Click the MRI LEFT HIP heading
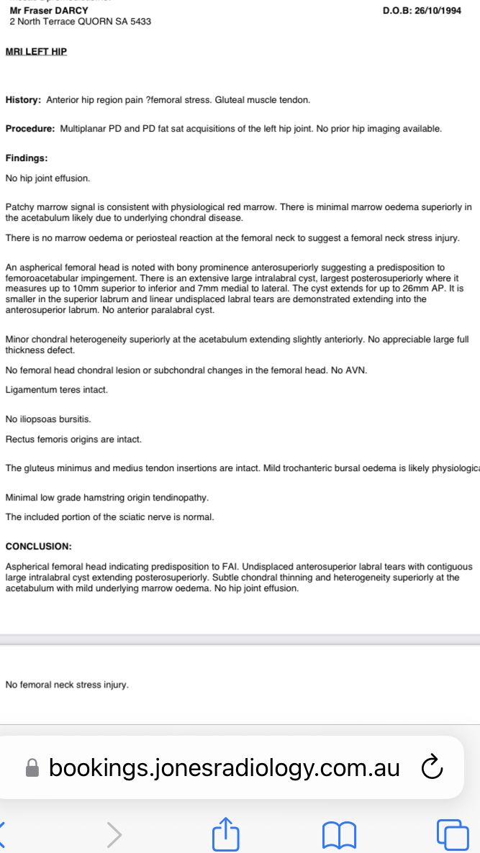point(36,52)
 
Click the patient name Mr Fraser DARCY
point(49,11)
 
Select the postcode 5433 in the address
point(141,22)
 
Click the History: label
point(23,100)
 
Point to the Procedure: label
point(30,129)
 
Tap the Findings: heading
point(27,158)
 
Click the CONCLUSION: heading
point(39,547)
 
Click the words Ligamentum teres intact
point(57,390)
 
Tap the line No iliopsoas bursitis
point(48,419)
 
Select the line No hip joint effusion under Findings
point(48,178)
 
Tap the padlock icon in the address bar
point(32,768)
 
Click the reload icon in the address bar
point(431,767)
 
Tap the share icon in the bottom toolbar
point(226,834)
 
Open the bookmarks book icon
point(340,834)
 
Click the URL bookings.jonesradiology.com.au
point(224,767)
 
